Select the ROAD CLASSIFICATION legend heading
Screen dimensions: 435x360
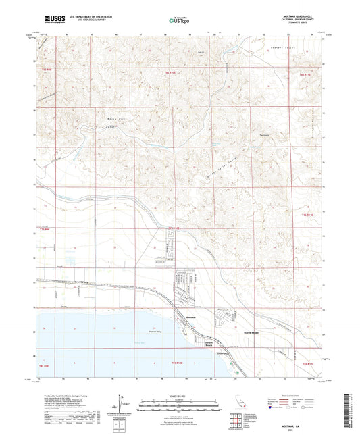point(294,394)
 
